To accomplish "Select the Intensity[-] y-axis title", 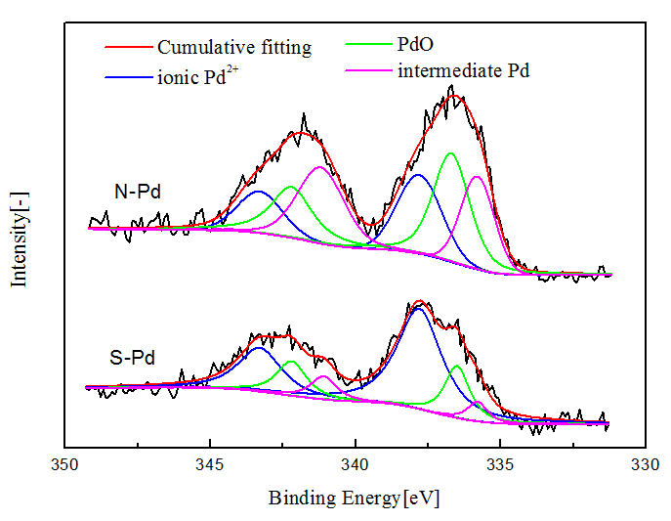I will (20, 240).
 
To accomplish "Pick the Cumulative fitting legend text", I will (234, 47).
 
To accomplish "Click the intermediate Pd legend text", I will (463, 70).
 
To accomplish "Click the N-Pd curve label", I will (137, 193).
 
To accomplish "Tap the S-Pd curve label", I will (133, 358).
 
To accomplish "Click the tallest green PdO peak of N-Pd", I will (451, 153).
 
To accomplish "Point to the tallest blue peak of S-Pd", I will (419, 309).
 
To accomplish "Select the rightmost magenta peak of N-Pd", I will (477, 177).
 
